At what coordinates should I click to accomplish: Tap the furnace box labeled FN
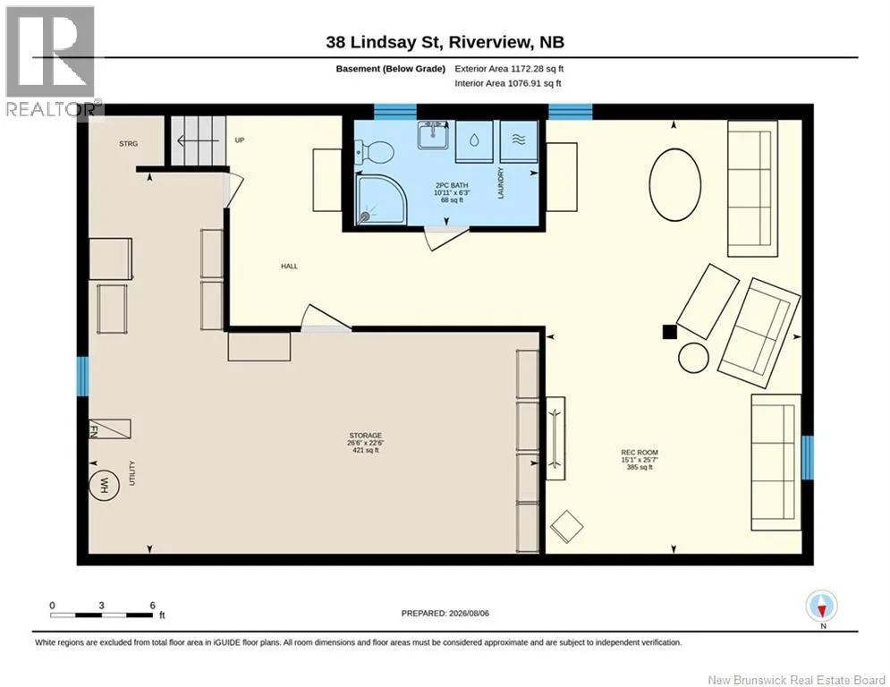coord(109,428)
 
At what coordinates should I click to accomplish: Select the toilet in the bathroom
coord(374,152)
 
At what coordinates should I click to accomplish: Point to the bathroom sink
coord(433,134)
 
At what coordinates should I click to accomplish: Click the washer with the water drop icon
coord(474,141)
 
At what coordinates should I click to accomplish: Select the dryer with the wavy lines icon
coord(518,141)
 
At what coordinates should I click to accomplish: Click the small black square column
coord(670,332)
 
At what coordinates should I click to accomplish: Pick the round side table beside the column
coord(693,359)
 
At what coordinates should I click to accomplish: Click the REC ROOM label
coord(640,453)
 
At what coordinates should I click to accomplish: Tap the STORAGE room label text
coord(366,436)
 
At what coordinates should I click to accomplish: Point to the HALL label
coord(289,266)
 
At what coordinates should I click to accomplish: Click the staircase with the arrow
coord(199,140)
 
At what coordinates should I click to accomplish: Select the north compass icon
coord(821,607)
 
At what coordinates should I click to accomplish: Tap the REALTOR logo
coord(50,62)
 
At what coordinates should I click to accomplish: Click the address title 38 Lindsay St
coord(445,42)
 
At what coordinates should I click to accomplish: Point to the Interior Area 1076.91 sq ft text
coord(508,83)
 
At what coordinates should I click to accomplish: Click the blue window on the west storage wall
coord(83,376)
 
